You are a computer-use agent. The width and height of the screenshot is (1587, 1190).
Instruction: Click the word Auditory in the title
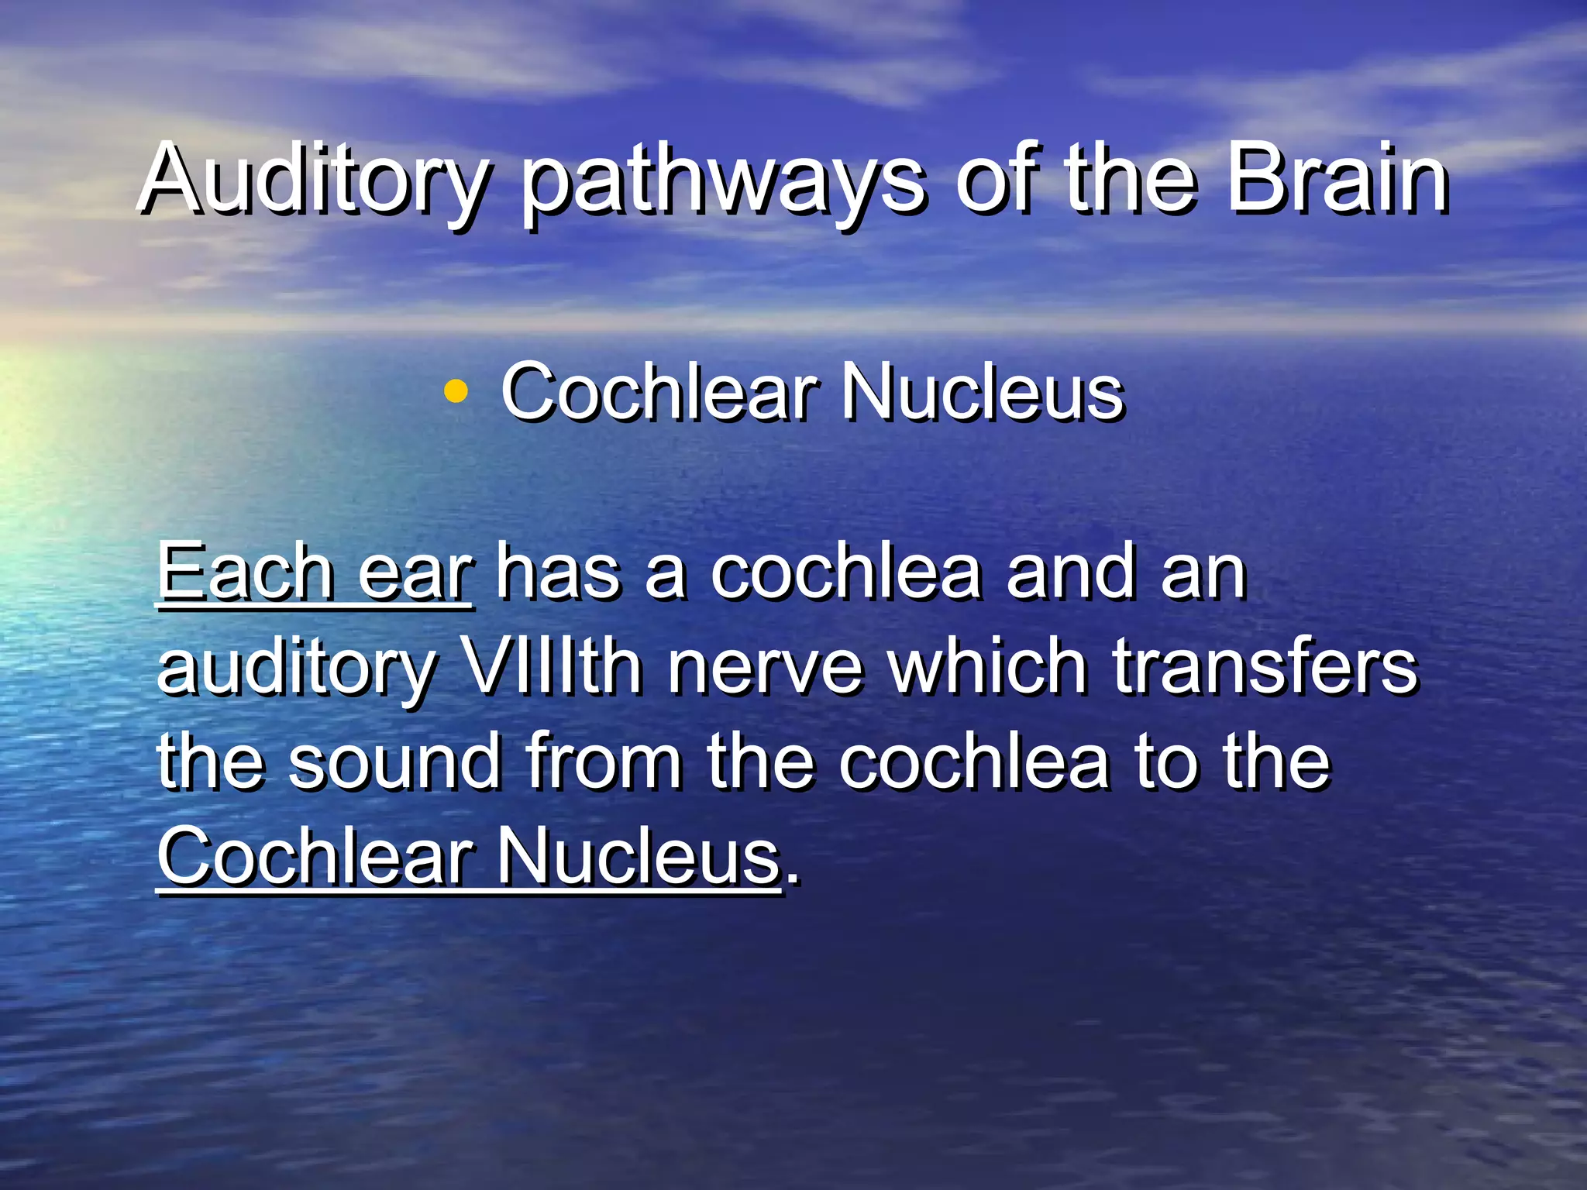(x=313, y=182)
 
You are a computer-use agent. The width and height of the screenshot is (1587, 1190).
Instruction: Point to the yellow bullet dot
(x=456, y=392)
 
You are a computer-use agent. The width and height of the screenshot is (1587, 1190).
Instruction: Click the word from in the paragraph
(x=604, y=762)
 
